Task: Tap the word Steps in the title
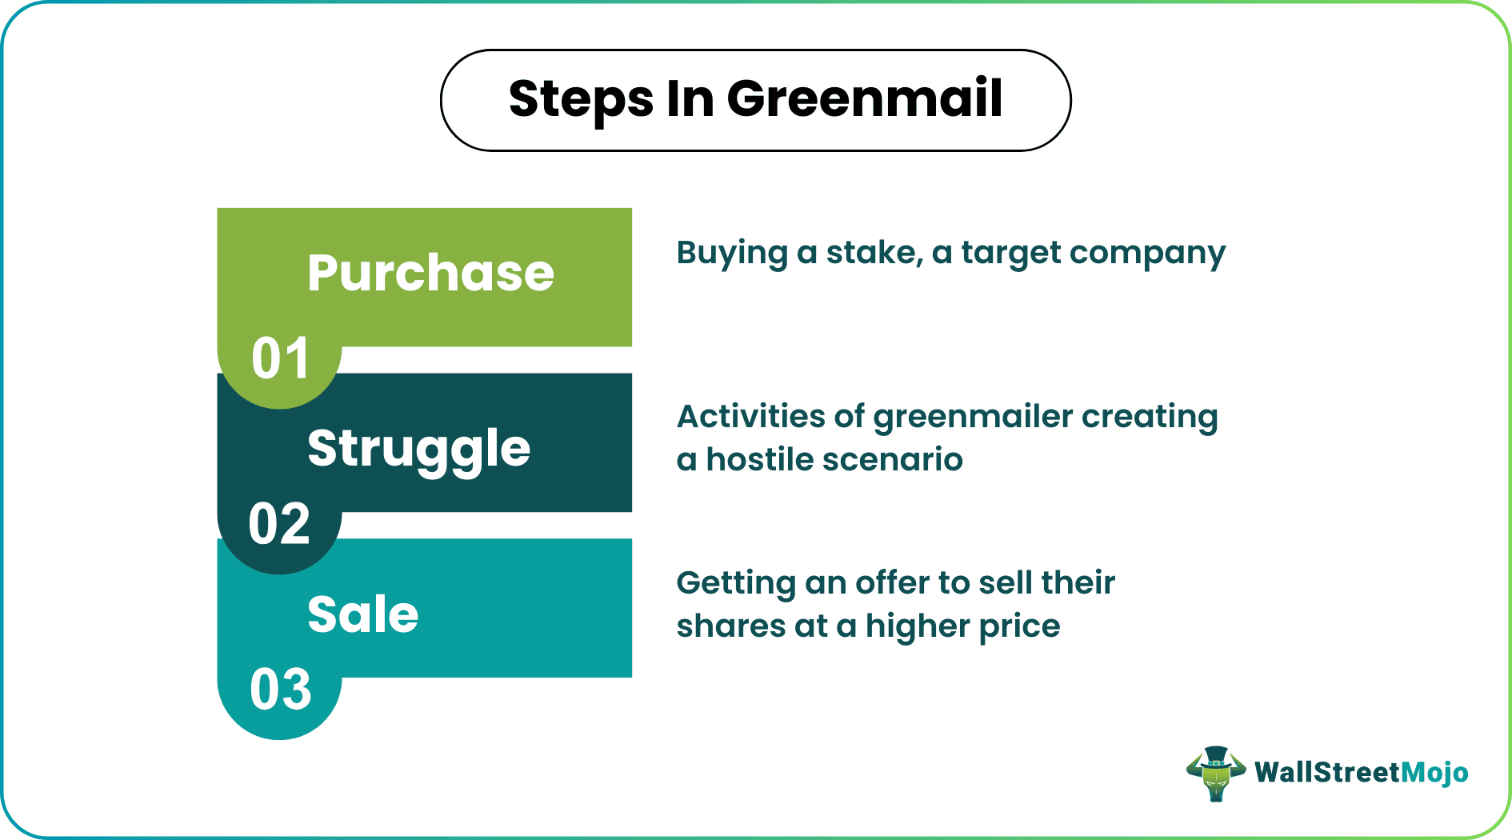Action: (581, 99)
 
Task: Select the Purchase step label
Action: (430, 273)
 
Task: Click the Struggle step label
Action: (418, 448)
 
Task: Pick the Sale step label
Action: (362, 614)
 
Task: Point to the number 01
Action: (280, 358)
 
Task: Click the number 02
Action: (279, 524)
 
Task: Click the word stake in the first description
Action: (874, 253)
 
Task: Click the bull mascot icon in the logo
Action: (1215, 773)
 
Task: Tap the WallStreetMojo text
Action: (1361, 773)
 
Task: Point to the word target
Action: (1010, 254)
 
